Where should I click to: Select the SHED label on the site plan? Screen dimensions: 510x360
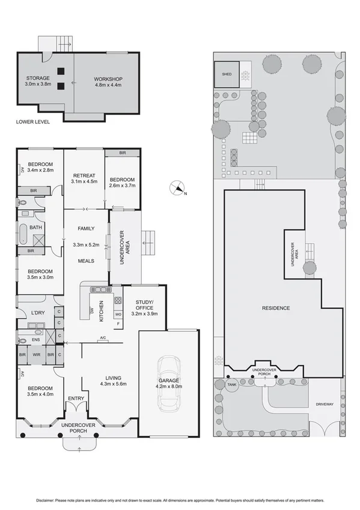[226, 75]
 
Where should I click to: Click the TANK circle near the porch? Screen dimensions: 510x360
[230, 386]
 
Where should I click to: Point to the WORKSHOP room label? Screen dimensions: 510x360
[108, 79]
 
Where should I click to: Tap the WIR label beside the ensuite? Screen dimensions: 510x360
[36, 355]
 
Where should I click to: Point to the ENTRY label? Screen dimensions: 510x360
[76, 398]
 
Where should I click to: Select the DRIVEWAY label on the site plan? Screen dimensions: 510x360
[324, 404]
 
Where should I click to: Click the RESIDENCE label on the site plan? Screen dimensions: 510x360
[276, 308]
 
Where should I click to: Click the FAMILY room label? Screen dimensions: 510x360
[84, 229]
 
